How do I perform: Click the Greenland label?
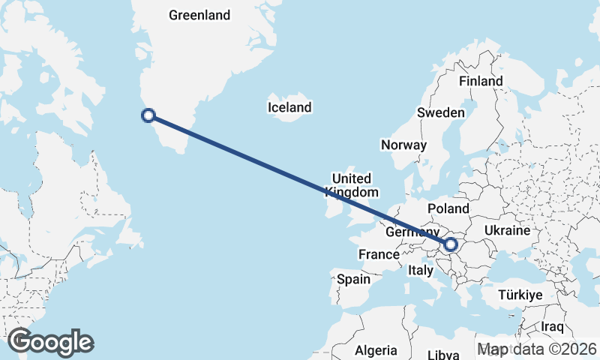point(199,15)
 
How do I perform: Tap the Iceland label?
point(289,108)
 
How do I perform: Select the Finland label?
point(481,81)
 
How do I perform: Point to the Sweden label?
point(441,112)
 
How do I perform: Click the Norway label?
point(403,145)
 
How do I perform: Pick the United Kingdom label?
point(351,184)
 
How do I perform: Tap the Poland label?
point(448,208)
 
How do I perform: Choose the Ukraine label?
point(508,229)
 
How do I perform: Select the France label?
point(379,255)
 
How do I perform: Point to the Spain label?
point(353,279)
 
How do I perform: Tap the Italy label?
point(421,270)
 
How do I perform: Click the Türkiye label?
point(520,295)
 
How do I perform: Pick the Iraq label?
point(552,327)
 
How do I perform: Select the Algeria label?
point(376,350)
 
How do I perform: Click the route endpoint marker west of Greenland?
point(148,115)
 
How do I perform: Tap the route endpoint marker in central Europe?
point(451,244)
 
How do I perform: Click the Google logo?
point(50,342)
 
